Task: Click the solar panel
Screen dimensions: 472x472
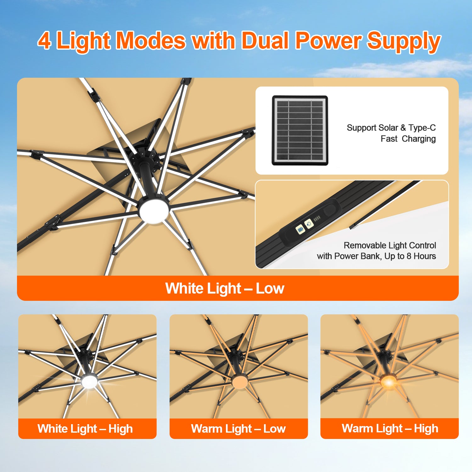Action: (x=300, y=131)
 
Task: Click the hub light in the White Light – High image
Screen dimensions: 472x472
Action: (x=89, y=382)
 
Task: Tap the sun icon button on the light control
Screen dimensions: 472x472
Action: (x=309, y=224)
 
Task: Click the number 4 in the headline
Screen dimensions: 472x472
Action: (x=44, y=40)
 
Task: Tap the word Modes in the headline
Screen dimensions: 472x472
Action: (x=151, y=40)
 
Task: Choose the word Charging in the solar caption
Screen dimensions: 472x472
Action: (x=419, y=139)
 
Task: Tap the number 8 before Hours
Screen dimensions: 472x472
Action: (x=409, y=256)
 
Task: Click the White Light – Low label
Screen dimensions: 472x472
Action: (x=225, y=289)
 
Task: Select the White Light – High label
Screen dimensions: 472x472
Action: (x=85, y=429)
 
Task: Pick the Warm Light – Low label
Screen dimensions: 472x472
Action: (x=238, y=429)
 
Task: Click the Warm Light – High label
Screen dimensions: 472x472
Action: (x=390, y=429)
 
